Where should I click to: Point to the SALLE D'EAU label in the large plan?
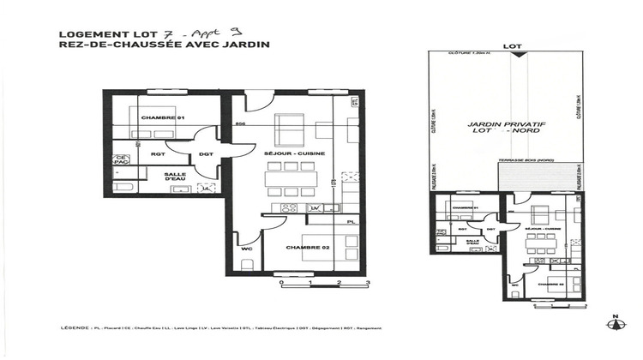click(176, 176)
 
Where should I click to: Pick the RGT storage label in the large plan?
click(158, 154)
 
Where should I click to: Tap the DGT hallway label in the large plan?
click(206, 154)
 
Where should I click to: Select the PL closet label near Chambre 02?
click(350, 222)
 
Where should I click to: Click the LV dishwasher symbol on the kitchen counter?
click(315, 208)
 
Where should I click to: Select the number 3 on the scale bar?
click(368, 281)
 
